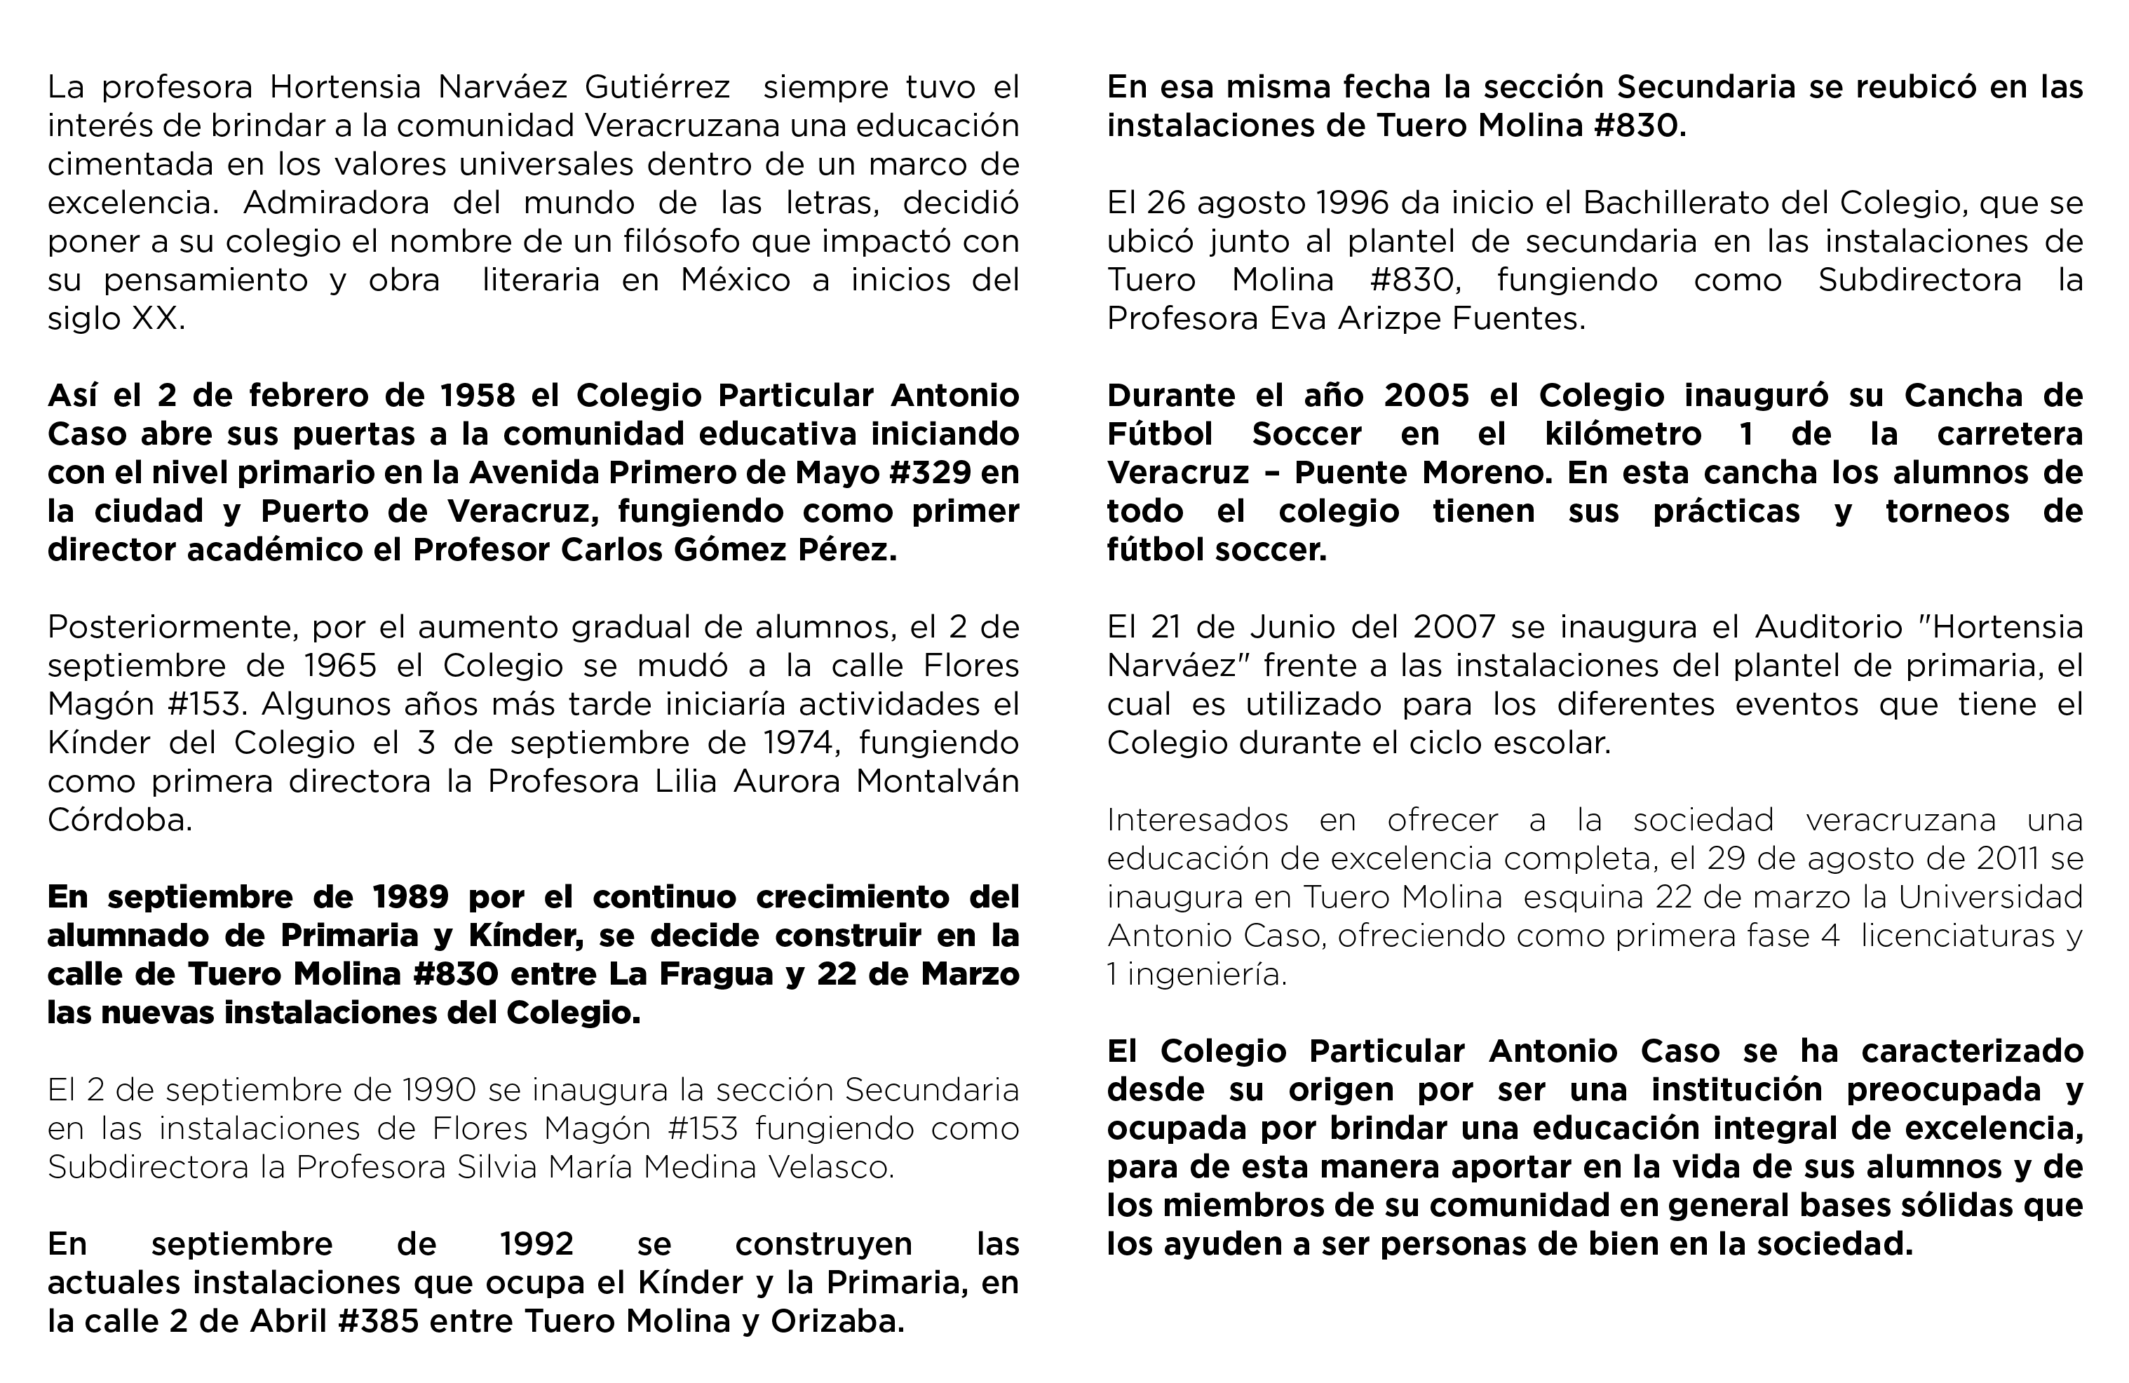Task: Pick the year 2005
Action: point(1428,396)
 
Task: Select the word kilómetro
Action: point(1623,434)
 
